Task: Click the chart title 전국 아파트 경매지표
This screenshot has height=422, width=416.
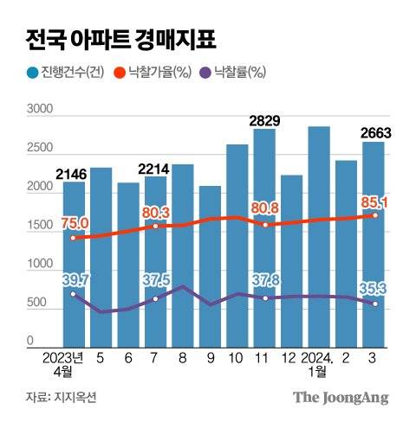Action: click(120, 40)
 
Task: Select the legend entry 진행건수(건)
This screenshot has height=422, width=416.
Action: click(65, 74)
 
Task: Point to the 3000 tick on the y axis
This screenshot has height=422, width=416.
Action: click(40, 110)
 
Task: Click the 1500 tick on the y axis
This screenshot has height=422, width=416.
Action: click(40, 227)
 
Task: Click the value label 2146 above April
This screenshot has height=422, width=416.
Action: click(75, 172)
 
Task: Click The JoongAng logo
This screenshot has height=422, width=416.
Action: click(339, 397)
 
